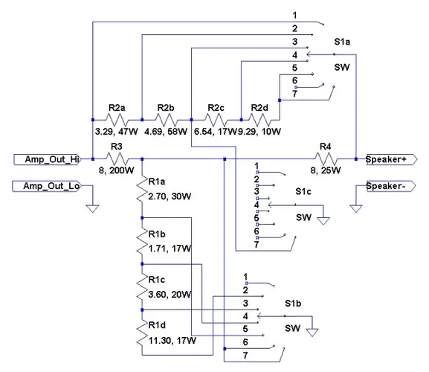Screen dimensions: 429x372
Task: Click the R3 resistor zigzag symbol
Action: (x=117, y=159)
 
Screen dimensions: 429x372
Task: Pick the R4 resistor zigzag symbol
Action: (x=326, y=159)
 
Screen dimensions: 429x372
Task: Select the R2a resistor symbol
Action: (x=117, y=120)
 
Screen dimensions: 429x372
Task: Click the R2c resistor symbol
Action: (x=216, y=120)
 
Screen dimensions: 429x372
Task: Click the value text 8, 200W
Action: (x=117, y=170)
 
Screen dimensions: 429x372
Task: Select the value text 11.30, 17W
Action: (x=172, y=341)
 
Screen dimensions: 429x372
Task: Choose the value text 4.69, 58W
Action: (x=166, y=132)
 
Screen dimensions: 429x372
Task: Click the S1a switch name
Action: (x=342, y=42)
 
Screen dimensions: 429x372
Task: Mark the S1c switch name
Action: (x=303, y=192)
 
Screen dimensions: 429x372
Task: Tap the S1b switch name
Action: (x=293, y=304)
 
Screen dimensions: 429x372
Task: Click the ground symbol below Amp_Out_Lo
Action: (x=92, y=208)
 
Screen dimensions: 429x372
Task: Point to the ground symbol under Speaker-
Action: (x=356, y=208)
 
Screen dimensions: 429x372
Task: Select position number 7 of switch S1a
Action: (x=294, y=94)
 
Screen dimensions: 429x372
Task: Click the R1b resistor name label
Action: (x=157, y=234)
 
